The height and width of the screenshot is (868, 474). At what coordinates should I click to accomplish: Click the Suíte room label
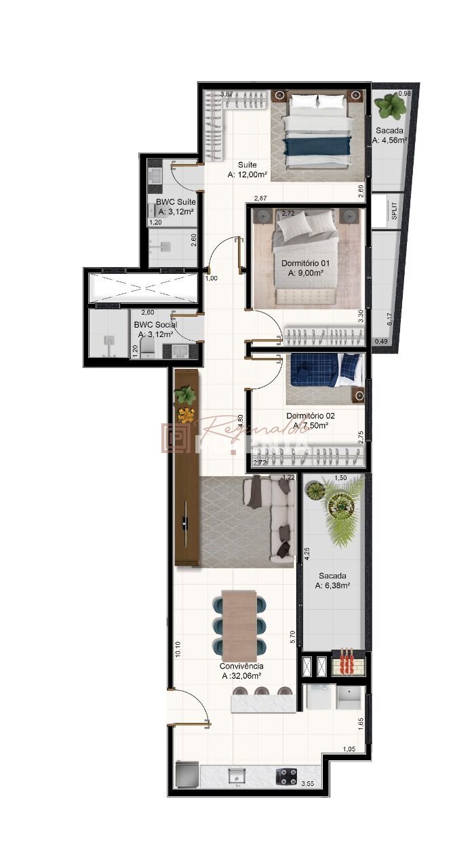[x=247, y=165]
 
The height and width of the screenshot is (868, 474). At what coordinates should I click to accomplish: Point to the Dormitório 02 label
[x=310, y=416]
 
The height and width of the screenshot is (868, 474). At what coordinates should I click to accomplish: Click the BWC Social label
[x=155, y=325]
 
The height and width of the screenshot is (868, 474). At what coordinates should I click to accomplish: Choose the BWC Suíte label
[x=176, y=202]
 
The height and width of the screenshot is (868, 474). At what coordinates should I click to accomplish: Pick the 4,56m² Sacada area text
[x=389, y=141]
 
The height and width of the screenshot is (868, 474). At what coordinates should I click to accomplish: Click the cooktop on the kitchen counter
[x=285, y=776]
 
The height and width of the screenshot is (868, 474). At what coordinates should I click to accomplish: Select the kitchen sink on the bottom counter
[x=237, y=775]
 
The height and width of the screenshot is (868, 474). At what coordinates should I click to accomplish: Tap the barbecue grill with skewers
[x=348, y=662]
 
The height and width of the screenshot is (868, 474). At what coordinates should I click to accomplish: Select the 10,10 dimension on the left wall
[x=178, y=650]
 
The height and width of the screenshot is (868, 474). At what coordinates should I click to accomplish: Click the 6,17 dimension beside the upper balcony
[x=389, y=319]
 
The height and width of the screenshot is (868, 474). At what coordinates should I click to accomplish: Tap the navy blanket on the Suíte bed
[x=318, y=146]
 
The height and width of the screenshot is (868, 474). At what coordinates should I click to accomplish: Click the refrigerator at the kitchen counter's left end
[x=187, y=774]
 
